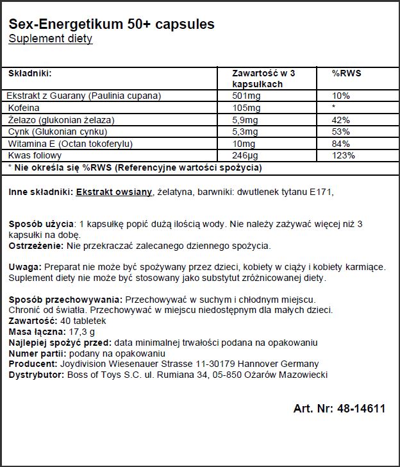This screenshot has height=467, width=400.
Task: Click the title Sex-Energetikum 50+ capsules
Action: (x=111, y=24)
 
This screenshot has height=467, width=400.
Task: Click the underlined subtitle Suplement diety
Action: (x=50, y=39)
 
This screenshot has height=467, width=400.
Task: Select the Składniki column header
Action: (x=30, y=73)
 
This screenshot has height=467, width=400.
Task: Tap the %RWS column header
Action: (x=346, y=73)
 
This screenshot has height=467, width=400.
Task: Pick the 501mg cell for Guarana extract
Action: (x=245, y=96)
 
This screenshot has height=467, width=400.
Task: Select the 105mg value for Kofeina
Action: (x=245, y=108)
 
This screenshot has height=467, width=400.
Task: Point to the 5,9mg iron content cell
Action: (x=245, y=120)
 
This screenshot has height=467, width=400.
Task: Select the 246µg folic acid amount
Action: (x=245, y=156)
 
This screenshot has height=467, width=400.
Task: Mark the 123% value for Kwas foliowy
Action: (x=343, y=156)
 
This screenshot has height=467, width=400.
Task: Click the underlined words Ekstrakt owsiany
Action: (x=114, y=192)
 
